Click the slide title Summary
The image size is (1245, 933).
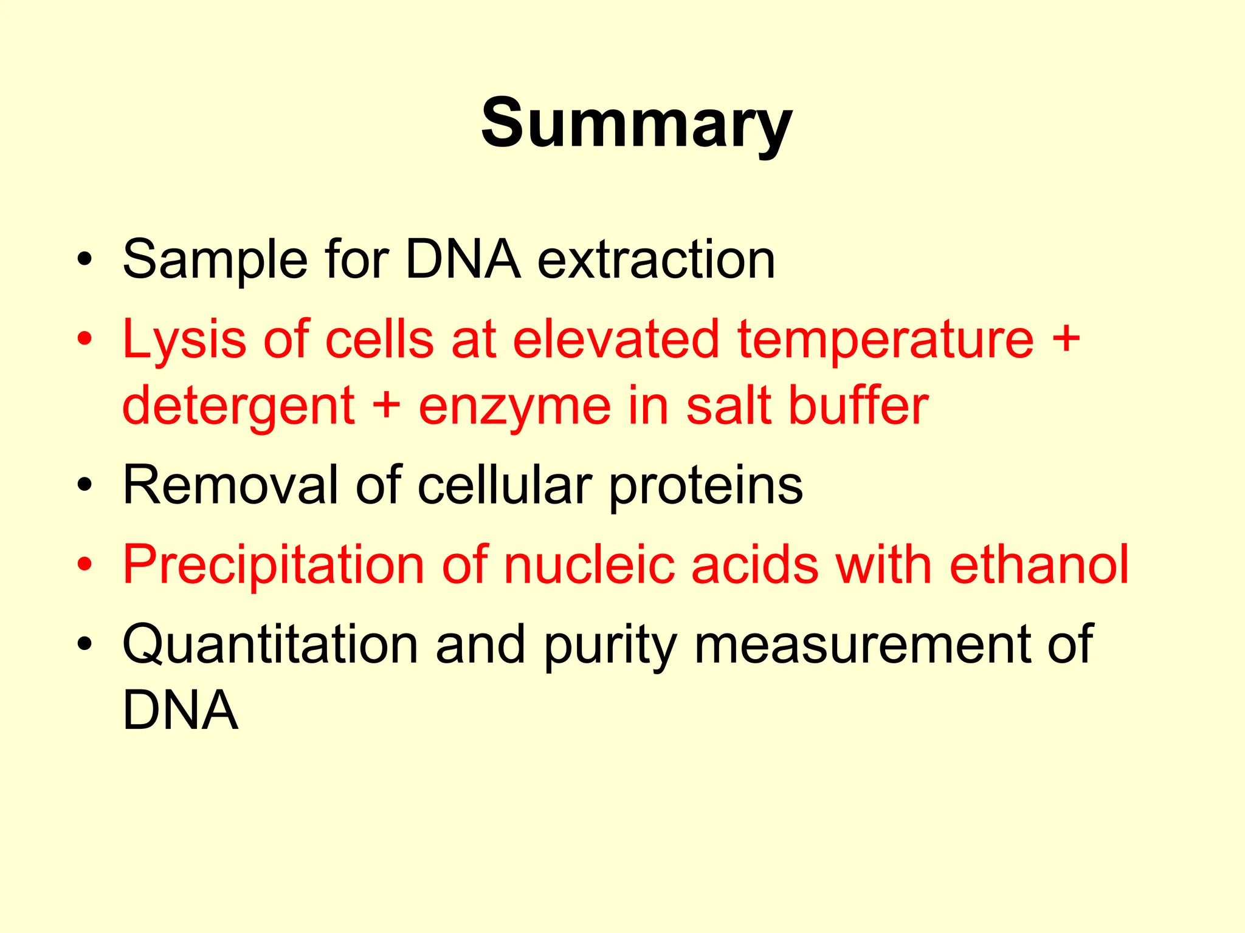click(636, 125)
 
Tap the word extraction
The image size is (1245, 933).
click(656, 260)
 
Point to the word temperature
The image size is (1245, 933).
click(885, 340)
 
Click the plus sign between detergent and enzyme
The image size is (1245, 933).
click(387, 405)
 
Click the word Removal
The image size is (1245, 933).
click(230, 485)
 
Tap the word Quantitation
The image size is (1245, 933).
click(270, 645)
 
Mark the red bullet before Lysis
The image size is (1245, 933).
click(85, 340)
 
